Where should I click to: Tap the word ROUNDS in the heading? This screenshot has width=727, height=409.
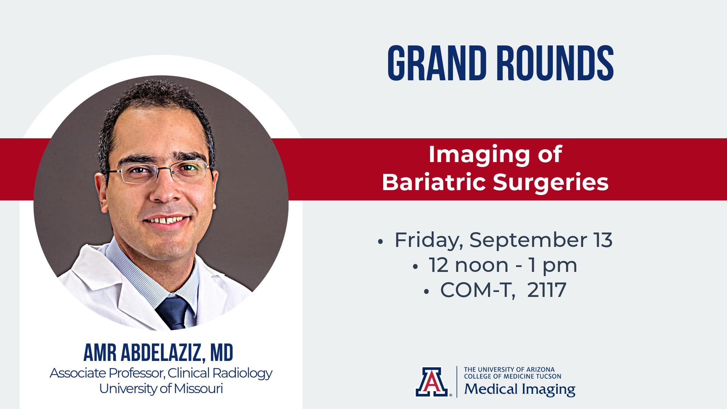tap(555, 63)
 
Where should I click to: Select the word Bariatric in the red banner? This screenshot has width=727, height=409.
tap(434, 182)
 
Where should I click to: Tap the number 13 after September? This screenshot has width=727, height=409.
tap(603, 240)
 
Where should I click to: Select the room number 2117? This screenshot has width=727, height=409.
tap(546, 290)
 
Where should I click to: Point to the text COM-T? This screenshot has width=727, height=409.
tap(477, 290)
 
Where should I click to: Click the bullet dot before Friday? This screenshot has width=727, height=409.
tap(381, 242)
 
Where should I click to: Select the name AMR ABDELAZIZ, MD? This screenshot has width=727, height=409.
tap(158, 353)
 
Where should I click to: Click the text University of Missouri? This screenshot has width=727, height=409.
tap(161, 389)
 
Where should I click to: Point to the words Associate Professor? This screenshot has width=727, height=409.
tap(108, 373)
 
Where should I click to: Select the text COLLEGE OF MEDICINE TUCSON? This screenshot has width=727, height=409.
tap(513, 376)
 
